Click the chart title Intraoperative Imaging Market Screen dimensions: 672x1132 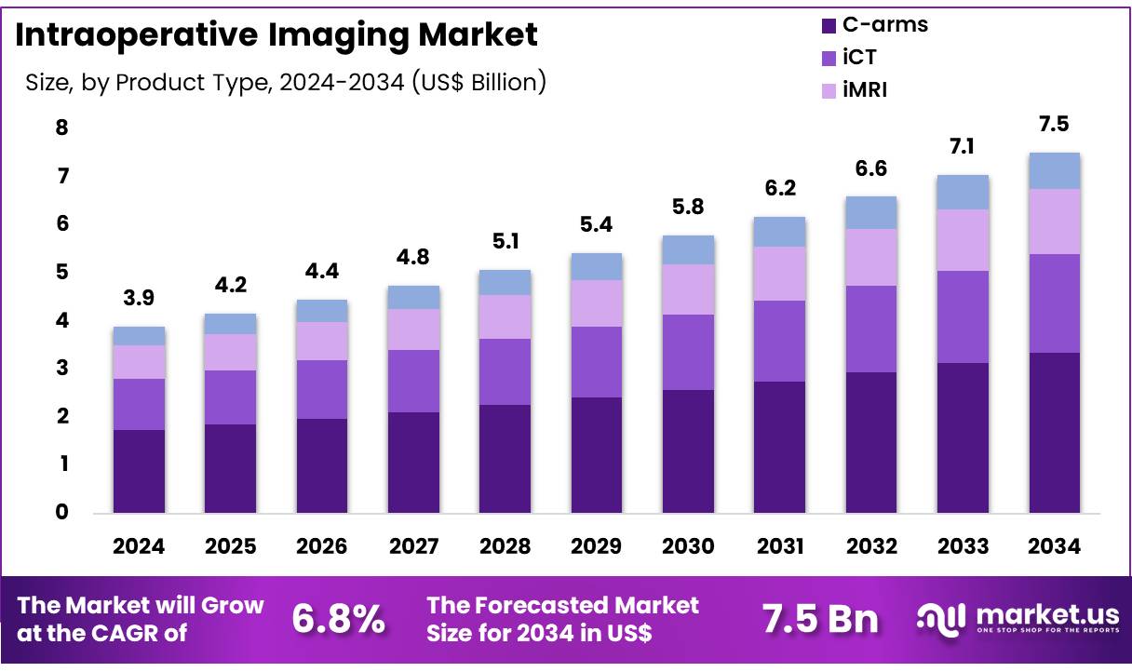(276, 35)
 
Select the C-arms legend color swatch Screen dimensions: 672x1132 (827, 25)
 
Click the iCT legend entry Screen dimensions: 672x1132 (858, 57)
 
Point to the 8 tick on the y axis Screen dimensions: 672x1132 (61, 128)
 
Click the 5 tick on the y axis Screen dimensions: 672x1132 (61, 272)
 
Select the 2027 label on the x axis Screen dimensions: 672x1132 (413, 547)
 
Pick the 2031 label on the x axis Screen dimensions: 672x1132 (779, 547)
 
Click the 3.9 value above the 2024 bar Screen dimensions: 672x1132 (139, 299)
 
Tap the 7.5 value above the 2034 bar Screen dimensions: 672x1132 (1054, 125)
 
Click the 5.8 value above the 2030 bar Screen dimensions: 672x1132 (688, 207)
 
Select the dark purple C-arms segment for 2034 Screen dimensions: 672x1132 (1054, 432)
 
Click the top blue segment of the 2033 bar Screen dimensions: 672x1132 (963, 192)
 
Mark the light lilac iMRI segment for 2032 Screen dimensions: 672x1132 (870, 257)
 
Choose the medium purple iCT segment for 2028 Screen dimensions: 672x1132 (505, 371)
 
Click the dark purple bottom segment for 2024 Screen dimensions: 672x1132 (139, 470)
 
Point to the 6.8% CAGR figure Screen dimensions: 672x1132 (339, 618)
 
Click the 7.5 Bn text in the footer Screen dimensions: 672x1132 (819, 618)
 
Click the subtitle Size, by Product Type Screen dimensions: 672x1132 (285, 83)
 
